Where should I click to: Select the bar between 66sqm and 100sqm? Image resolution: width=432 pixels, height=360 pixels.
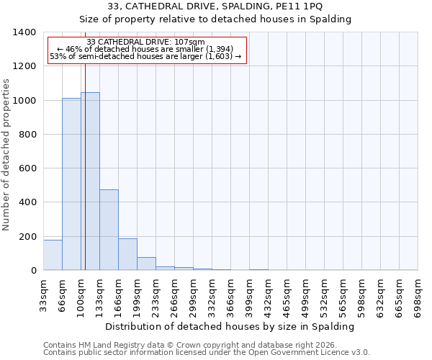pos(71,184)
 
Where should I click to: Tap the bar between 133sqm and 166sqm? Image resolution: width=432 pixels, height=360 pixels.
pos(109,230)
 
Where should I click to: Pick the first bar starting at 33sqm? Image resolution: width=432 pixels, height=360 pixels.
pos(53,255)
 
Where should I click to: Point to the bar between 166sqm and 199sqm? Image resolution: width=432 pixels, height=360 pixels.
pos(127,254)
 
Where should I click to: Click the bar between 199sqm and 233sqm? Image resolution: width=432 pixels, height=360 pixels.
pos(146,264)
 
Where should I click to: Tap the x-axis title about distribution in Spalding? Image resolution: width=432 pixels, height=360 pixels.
pos(230,326)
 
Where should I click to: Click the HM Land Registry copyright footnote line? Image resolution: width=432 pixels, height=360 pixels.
pos(190,345)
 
